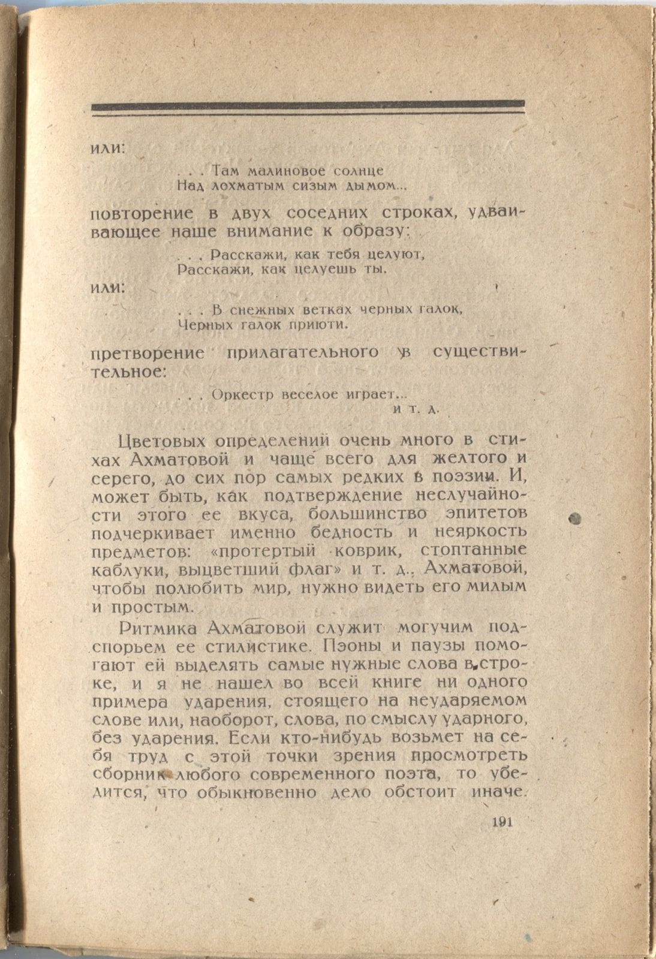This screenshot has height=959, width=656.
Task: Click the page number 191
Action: pos(500,822)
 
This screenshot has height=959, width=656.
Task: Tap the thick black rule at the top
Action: pos(308,106)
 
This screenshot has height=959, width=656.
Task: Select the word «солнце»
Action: pos(359,171)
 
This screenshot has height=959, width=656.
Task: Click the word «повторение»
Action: pos(142,214)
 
